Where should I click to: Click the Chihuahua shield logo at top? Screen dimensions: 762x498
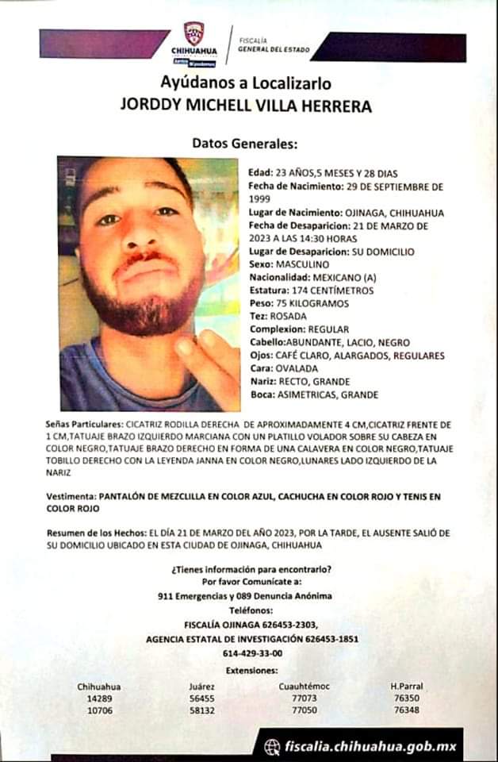pyautogui.click(x=194, y=33)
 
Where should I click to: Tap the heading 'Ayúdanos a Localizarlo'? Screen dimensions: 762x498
pyautogui.click(x=245, y=83)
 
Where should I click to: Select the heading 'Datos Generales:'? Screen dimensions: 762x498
pyautogui.click(x=243, y=144)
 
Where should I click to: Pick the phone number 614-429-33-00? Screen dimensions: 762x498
pyautogui.click(x=252, y=652)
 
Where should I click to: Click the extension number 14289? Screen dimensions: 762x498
pyautogui.click(x=99, y=698)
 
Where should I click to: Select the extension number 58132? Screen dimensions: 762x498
pyautogui.click(x=202, y=710)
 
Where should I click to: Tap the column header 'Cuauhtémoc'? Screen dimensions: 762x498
pyautogui.click(x=304, y=686)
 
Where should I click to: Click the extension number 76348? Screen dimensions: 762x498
pyautogui.click(x=406, y=710)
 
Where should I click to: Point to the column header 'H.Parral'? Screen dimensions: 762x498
pyautogui.click(x=406, y=686)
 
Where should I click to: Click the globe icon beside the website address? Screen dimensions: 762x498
pyautogui.click(x=272, y=746)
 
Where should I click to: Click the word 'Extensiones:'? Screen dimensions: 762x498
pyautogui.click(x=253, y=671)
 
